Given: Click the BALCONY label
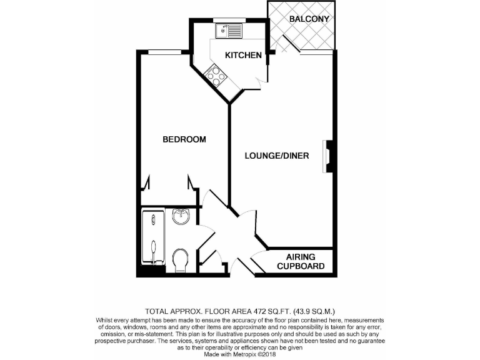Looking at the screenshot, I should [309, 19].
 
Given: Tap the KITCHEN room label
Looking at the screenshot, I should [243, 56].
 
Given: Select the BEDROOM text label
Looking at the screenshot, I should [184, 139].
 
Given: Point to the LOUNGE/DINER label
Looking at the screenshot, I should [277, 156].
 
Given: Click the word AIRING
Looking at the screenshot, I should [301, 257].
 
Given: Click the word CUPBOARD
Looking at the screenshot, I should [301, 266].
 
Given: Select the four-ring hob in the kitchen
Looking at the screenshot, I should [218, 75].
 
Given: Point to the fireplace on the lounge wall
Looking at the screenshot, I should [327, 156].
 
